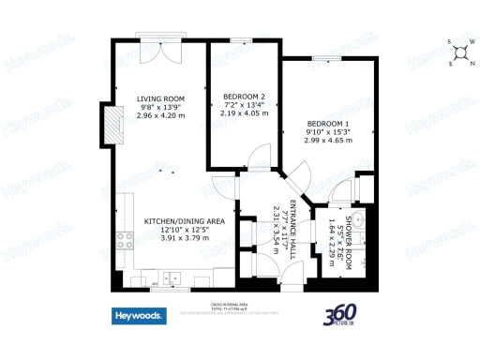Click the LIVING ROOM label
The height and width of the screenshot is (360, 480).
(x=161, y=98)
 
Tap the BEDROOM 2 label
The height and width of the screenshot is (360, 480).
(x=244, y=97)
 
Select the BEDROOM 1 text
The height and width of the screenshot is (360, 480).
(x=328, y=125)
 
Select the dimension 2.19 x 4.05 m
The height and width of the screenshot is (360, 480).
(x=244, y=113)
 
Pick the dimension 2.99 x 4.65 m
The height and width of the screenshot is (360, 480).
(x=328, y=142)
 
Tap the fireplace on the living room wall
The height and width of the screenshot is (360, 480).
(x=116, y=126)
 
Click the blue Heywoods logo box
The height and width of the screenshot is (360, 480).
(x=140, y=316)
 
